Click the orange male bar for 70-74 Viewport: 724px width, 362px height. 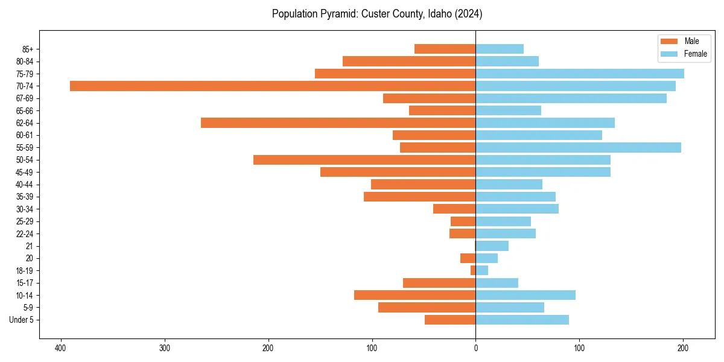[x=273, y=86]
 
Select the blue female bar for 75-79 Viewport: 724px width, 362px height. [x=579, y=74]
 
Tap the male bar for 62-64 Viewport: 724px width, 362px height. [x=338, y=122]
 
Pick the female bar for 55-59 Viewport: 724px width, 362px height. [x=578, y=147]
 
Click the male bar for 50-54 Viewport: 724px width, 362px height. [x=364, y=160]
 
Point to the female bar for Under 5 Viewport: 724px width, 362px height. [x=522, y=320]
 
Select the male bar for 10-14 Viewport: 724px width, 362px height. [x=414, y=295]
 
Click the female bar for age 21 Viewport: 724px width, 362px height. [x=492, y=246]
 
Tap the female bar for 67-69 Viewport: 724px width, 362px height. [x=571, y=98]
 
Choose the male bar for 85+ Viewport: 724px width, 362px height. [x=445, y=49]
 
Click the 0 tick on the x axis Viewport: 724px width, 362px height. [x=475, y=348]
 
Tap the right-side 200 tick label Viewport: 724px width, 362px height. [x=683, y=348]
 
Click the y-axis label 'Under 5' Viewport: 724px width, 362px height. [x=21, y=320]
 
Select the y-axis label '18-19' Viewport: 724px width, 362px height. [x=25, y=270]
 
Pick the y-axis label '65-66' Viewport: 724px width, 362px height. [x=25, y=110]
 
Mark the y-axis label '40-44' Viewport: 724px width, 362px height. [x=25, y=184]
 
